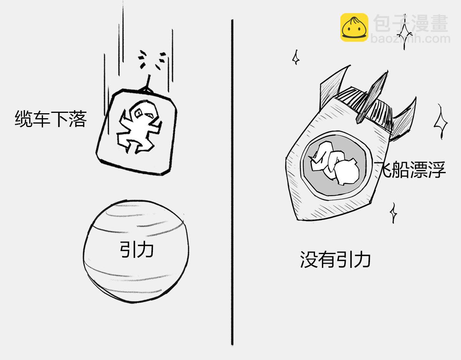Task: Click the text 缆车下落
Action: pos(51,119)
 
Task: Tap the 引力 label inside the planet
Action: pos(137,249)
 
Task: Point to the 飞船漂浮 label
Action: pos(410,170)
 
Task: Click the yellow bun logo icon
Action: pos(354,27)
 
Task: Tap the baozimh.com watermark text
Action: pos(410,39)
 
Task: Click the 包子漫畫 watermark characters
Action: pos(411,23)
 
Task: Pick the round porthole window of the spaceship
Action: pos(337,166)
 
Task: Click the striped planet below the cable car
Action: pos(136,251)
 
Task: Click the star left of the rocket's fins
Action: pos(296,57)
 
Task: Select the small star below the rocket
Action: pos(393,213)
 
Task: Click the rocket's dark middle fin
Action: pos(372,97)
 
